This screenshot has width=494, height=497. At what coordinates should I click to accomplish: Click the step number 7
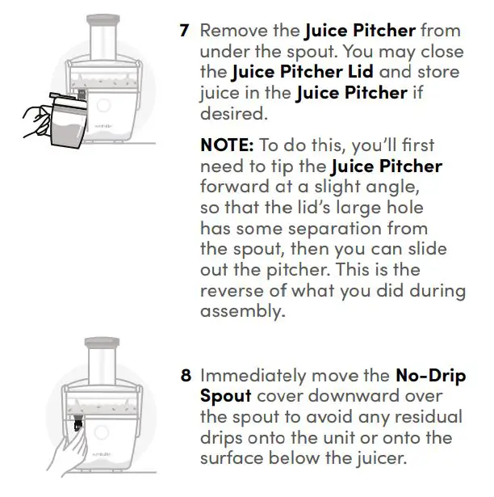(x=184, y=32)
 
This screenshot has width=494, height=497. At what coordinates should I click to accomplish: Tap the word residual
(x=432, y=418)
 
